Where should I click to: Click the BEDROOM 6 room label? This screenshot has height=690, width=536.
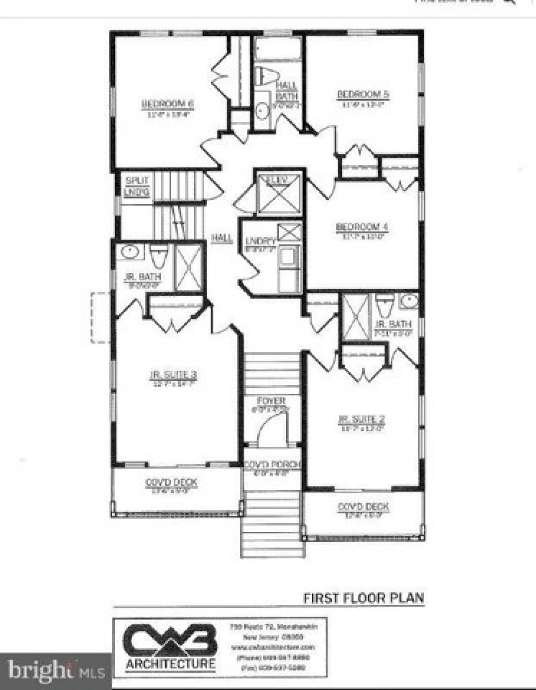click(x=168, y=104)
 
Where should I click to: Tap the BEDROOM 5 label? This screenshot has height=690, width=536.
click(x=363, y=94)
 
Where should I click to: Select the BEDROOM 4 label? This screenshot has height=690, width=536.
click(x=362, y=227)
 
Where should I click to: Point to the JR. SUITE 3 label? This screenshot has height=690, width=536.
click(x=173, y=375)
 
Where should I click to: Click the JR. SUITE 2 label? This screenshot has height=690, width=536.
click(x=361, y=419)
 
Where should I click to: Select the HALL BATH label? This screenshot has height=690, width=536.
click(x=286, y=90)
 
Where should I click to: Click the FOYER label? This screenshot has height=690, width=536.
click(x=271, y=400)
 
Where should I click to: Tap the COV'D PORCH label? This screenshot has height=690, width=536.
click(x=272, y=465)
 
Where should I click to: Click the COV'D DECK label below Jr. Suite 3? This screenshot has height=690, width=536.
click(x=172, y=483)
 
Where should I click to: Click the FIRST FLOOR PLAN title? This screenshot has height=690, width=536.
click(x=364, y=598)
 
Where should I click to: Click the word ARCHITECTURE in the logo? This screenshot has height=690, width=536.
click(x=170, y=664)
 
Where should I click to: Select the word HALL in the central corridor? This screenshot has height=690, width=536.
click(x=222, y=238)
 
